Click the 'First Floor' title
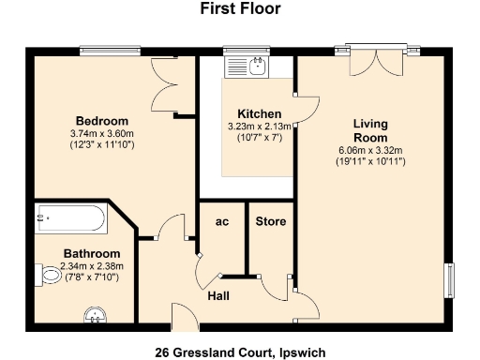[240, 9]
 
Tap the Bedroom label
[102, 121]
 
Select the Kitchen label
[259, 113]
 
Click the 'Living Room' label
[369, 130]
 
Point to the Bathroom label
[92, 254]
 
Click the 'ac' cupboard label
[222, 221]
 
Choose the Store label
[271, 221]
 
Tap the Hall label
[222, 295]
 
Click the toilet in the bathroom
[52, 276]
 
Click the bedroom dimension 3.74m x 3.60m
[102, 134]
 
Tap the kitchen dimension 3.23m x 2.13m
[260, 127]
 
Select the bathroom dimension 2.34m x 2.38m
[92, 266]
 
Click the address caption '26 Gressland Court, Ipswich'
[240, 352]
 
